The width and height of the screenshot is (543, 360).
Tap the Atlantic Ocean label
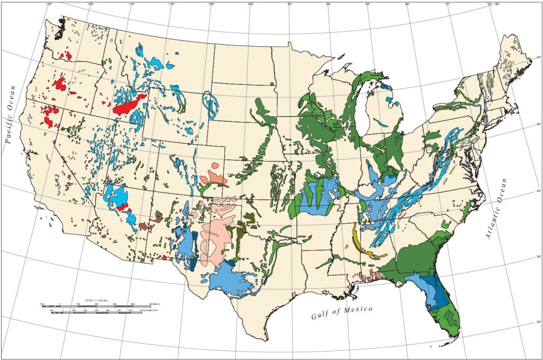pyautogui.click(x=497, y=209)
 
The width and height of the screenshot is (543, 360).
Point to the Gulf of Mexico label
pyautogui.click(x=341, y=312)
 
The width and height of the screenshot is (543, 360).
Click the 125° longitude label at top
pyautogui.click(x=49, y=4)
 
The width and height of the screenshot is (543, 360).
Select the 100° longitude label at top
pyautogui.click(x=250, y=4)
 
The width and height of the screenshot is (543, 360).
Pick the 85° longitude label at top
pyautogui.click(x=367, y=4)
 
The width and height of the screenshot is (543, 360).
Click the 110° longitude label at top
pyautogui.click(x=171, y=4)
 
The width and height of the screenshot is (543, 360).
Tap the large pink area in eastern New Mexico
pyautogui.click(x=217, y=239)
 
